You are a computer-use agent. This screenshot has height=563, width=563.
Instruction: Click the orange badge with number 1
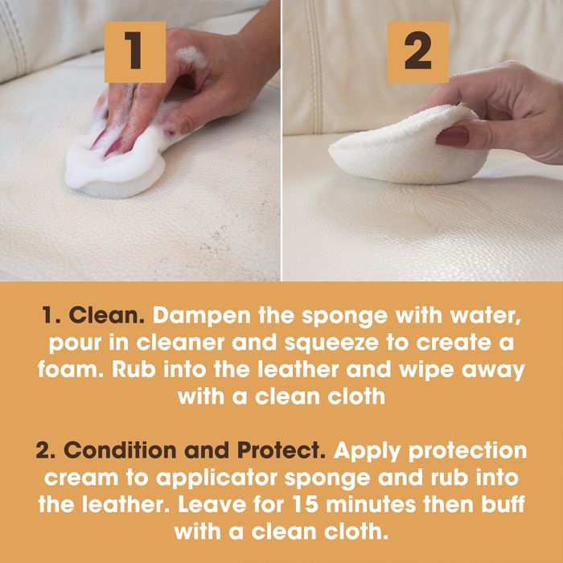point(135,51)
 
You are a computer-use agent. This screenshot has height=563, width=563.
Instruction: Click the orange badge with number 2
point(417,51)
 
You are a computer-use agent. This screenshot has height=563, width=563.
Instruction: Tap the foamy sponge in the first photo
point(115,162)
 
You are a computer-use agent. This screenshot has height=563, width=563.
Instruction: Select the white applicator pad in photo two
point(409,146)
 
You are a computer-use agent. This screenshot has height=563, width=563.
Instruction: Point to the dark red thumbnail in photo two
point(452,136)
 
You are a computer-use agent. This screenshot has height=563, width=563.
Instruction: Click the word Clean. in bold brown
point(107,315)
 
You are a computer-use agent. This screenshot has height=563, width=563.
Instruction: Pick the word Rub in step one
point(134,370)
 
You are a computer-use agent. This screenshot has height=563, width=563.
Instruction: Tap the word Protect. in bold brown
point(281,450)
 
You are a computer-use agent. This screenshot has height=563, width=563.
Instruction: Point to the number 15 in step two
point(305,504)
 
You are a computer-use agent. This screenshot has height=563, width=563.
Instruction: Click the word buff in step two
point(503,504)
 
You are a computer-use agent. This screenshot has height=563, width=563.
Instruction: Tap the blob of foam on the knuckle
point(192,55)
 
